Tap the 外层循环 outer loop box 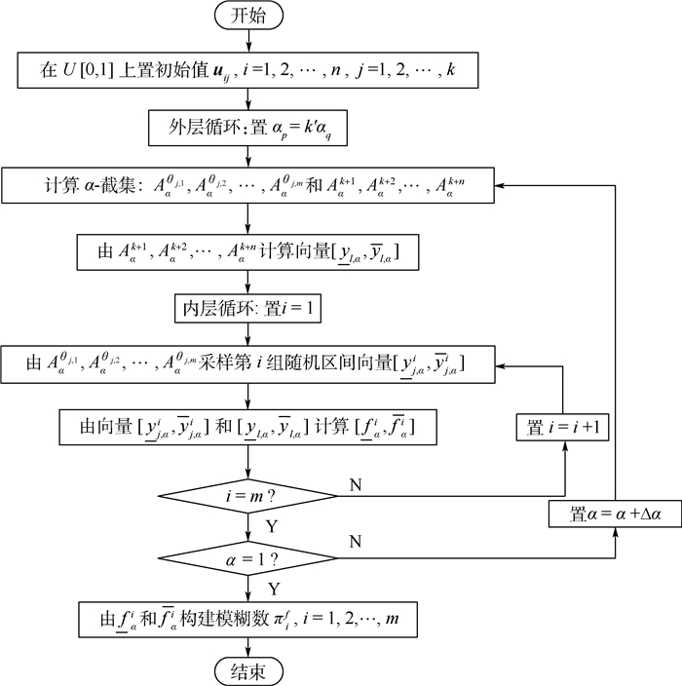[x=248, y=127]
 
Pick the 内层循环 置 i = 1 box [x=248, y=310]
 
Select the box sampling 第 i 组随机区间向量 [x=248, y=365]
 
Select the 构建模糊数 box [x=248, y=617]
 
